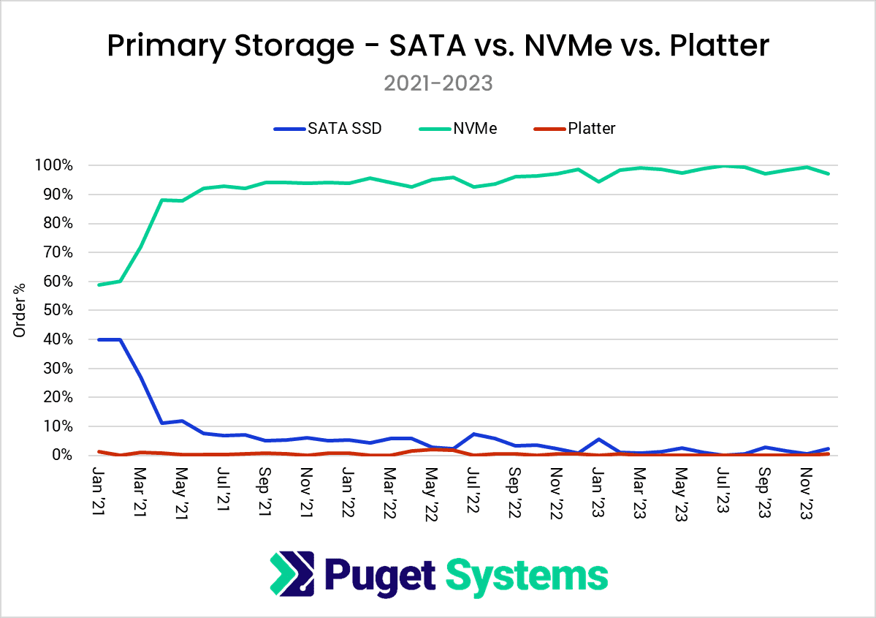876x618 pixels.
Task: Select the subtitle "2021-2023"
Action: (438, 83)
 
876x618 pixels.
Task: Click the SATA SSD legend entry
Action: (328, 129)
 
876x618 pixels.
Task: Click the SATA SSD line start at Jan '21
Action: (99, 339)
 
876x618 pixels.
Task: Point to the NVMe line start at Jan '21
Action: (99, 284)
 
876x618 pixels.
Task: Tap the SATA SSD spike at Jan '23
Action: (599, 439)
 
